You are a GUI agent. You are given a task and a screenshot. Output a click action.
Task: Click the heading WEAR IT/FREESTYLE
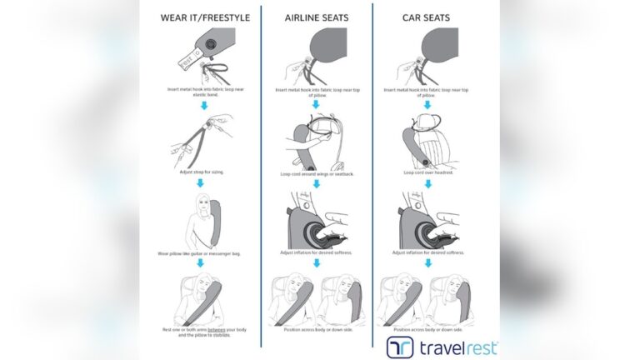[201, 17]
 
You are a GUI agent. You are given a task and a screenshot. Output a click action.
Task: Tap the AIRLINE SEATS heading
[316, 17]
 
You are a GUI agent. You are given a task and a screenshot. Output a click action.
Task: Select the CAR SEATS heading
[427, 17]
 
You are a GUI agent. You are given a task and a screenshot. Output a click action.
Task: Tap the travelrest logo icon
[400, 347]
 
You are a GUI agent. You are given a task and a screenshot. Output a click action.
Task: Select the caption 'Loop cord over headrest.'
[427, 172]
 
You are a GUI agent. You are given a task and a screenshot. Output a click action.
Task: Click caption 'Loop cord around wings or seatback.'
[316, 173]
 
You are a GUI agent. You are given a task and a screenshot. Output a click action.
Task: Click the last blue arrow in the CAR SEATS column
[427, 263]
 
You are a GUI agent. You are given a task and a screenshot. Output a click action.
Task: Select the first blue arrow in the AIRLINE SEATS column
[316, 104]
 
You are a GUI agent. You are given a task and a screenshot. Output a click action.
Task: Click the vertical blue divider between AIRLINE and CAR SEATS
[372, 167]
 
